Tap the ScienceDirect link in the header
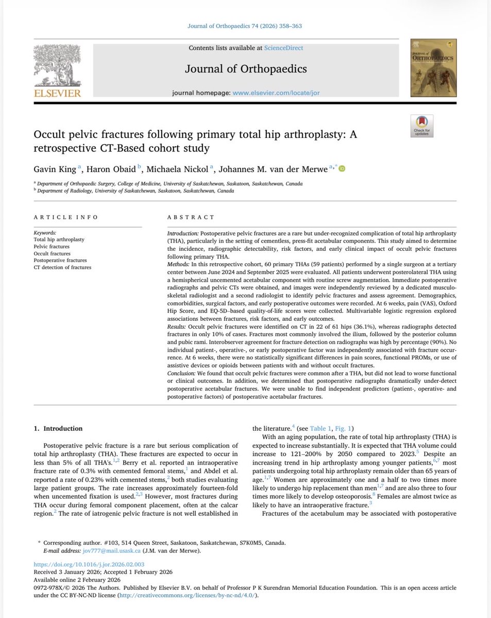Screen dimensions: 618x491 (x=283, y=48)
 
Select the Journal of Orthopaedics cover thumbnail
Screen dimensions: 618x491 (x=433, y=68)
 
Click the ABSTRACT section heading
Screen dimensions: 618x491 (x=191, y=218)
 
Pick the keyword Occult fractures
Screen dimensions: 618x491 (x=53, y=254)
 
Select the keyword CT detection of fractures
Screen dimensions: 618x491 (x=62, y=267)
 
